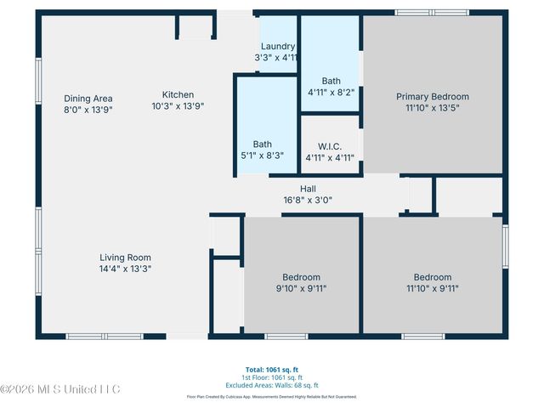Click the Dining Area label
[88, 99]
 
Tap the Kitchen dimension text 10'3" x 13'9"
[178, 106]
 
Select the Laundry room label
[278, 47]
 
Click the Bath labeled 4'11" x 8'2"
[331, 82]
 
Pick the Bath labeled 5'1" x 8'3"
[262, 144]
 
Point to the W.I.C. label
[330, 146]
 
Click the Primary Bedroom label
[432, 97]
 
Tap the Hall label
[308, 189]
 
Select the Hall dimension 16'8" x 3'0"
[308, 201]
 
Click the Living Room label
[125, 257]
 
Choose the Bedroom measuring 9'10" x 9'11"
[302, 277]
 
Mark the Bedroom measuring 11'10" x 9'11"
[432, 277]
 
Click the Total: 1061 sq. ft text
[272, 370]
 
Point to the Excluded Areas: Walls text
[272, 385]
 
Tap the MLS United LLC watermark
[60, 389]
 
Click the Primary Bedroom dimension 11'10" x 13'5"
[432, 108]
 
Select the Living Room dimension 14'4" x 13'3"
[125, 269]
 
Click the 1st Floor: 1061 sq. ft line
[272, 377]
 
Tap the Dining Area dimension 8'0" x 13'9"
[88, 110]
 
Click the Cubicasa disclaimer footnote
[272, 397]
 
